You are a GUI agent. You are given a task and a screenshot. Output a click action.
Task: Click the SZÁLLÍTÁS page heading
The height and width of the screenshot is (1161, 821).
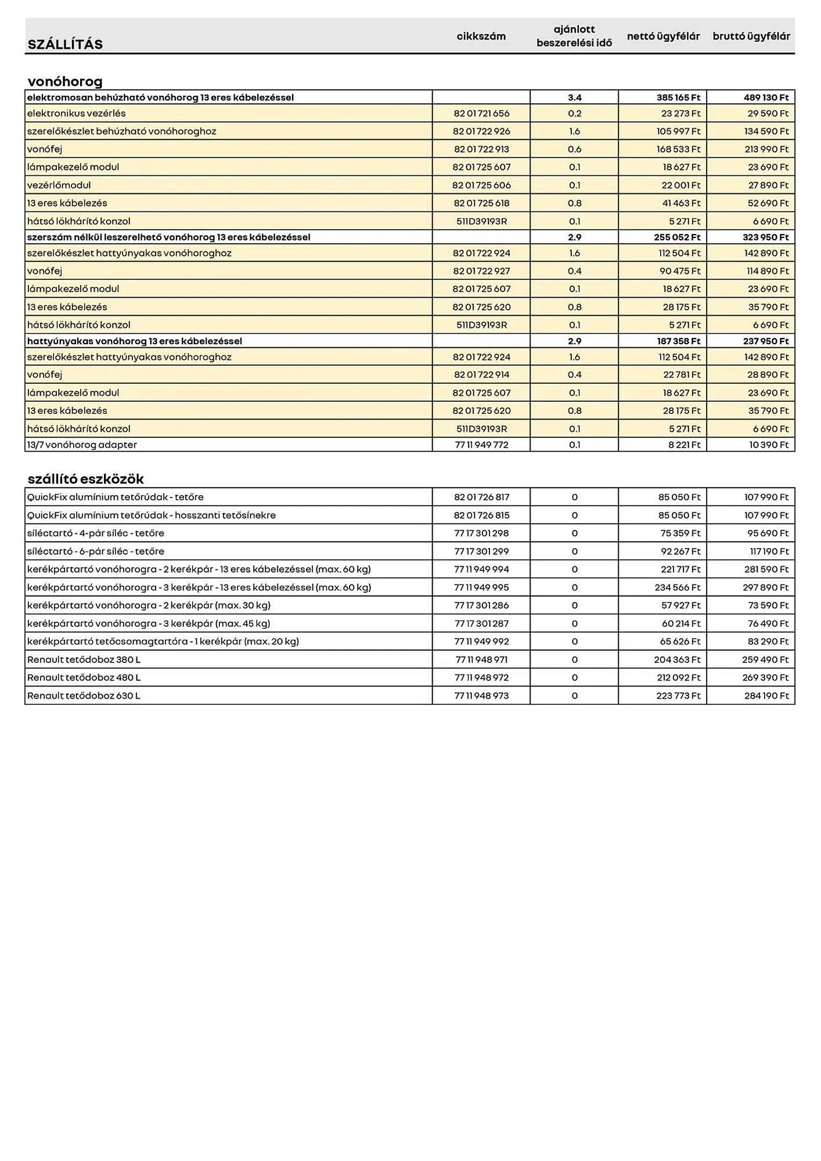65,45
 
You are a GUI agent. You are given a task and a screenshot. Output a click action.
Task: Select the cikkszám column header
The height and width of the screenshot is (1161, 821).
481,37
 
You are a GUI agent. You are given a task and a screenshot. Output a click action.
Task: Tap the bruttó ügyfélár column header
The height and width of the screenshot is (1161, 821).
751,37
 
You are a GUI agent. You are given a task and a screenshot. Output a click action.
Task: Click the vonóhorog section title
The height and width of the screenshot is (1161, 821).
65,81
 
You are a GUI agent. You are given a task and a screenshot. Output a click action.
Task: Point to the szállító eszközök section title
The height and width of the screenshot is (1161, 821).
85,479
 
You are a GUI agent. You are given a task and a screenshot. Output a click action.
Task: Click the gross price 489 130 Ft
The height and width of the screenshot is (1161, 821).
766,98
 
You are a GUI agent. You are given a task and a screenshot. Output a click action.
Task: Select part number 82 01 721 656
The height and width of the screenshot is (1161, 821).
481,113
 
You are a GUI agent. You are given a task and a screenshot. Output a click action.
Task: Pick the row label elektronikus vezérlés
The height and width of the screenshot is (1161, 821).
76,113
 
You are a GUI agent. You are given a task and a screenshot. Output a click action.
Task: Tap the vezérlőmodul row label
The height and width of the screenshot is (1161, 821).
59,185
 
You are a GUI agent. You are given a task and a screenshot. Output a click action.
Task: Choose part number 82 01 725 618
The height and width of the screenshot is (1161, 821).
481,203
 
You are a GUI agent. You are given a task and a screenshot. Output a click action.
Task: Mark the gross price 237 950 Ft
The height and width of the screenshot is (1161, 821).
766,341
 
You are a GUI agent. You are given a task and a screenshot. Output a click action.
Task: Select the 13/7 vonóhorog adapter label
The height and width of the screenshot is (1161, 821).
82,445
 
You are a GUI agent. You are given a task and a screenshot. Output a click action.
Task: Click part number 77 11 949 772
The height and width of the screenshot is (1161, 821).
481,445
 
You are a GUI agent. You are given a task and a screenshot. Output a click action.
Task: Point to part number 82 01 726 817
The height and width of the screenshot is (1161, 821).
481,497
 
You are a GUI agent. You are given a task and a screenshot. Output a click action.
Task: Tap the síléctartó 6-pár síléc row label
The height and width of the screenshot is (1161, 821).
95,551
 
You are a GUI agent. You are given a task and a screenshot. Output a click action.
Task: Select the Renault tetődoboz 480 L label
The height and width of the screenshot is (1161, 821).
84,677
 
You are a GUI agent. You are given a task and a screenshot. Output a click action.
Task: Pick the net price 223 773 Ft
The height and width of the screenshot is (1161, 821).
678,695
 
